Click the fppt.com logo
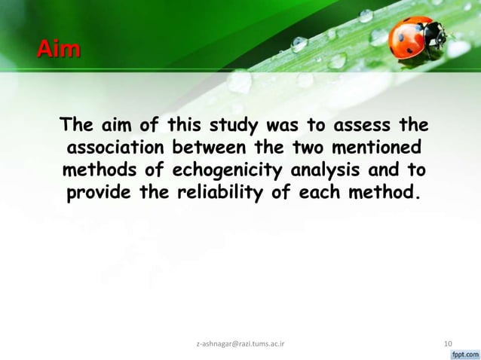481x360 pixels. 464,352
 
